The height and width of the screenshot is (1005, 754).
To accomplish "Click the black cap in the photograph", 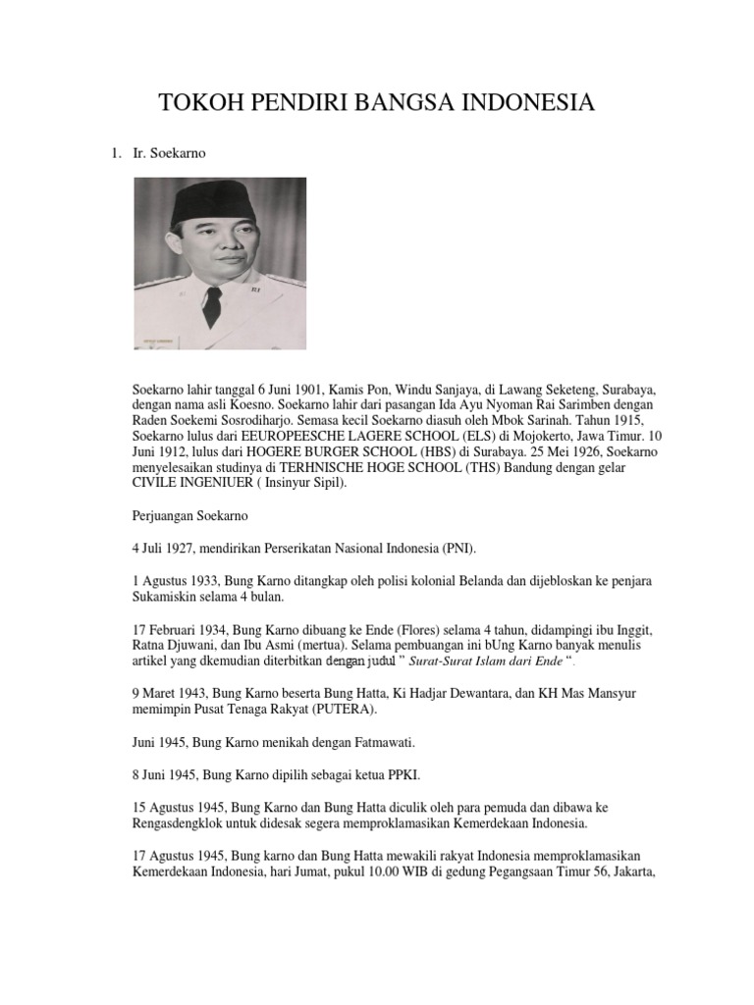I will coord(212,203).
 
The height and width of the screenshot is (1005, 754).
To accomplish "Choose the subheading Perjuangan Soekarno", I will coord(190,516).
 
